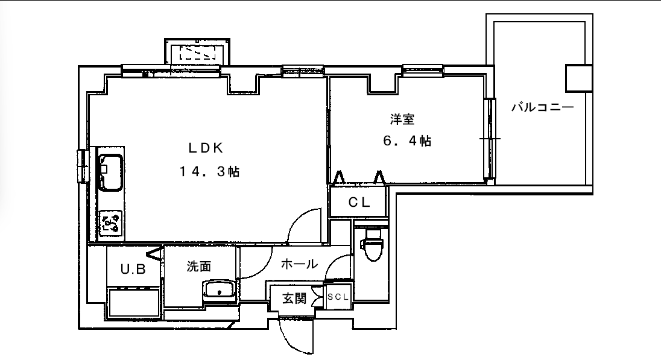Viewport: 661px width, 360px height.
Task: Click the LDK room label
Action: click(205, 148)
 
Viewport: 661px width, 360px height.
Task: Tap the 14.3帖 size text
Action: click(209, 172)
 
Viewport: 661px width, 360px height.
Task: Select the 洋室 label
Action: click(402, 119)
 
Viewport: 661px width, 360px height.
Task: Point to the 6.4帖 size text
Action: click(407, 141)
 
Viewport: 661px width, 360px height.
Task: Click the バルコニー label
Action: click(543, 107)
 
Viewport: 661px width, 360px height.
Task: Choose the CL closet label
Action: click(359, 203)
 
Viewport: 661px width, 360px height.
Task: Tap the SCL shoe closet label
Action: click(338, 297)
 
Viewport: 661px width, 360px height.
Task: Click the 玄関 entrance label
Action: click(294, 298)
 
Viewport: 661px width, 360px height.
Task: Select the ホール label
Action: click(299, 264)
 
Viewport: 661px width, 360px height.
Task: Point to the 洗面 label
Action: click(199, 267)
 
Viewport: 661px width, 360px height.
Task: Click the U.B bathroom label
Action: click(133, 269)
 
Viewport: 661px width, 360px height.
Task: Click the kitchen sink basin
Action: click(110, 172)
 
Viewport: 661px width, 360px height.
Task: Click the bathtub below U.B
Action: click(134, 302)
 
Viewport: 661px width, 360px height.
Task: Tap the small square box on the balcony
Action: click(579, 78)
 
